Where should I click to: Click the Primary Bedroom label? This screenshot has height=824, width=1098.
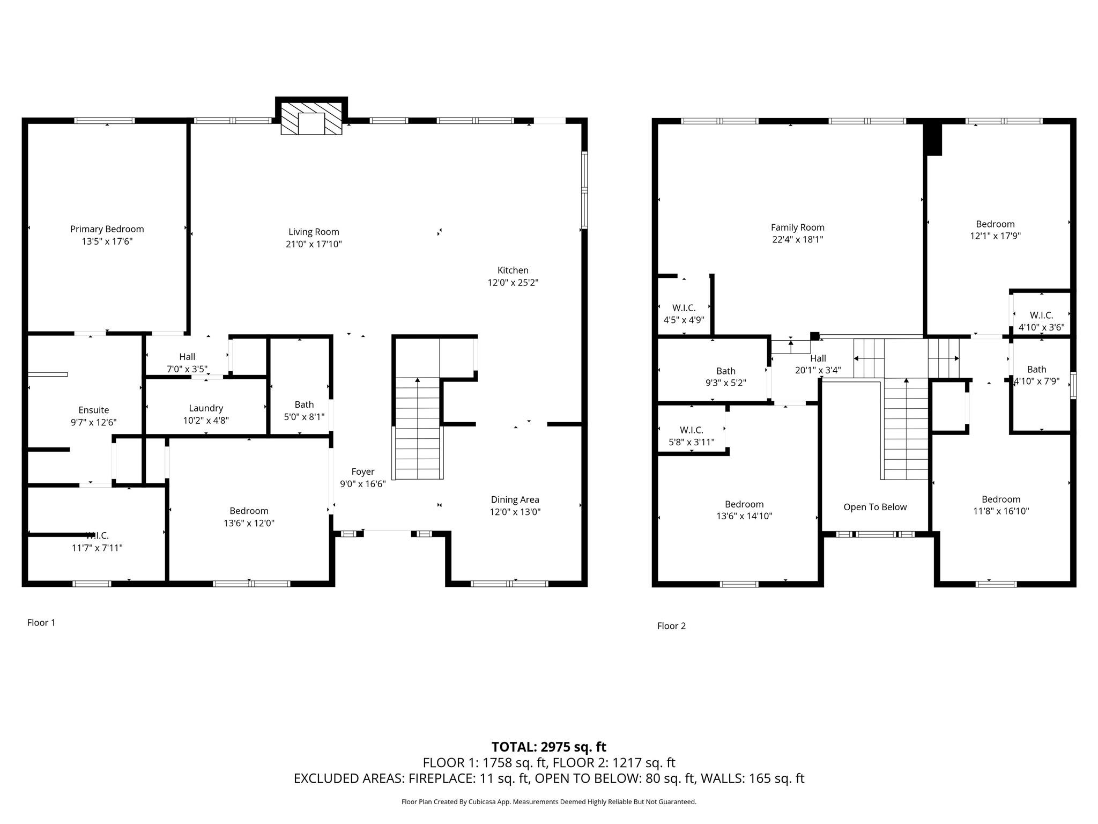click(x=107, y=229)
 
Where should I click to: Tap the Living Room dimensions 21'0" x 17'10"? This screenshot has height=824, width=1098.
click(x=314, y=244)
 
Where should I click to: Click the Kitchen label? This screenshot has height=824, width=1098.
click(x=513, y=270)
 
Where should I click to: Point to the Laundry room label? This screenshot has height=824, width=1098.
click(x=206, y=408)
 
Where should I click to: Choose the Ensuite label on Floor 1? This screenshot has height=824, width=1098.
click(x=94, y=410)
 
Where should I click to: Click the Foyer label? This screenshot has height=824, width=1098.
click(x=362, y=472)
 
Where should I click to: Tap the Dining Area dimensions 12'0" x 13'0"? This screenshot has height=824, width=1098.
click(x=515, y=512)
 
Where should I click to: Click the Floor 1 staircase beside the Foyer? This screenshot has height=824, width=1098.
click(x=418, y=429)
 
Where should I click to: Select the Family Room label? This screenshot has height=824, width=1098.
click(x=797, y=227)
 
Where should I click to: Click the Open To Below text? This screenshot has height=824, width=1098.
click(x=875, y=507)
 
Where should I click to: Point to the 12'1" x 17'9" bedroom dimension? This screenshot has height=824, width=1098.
click(x=995, y=236)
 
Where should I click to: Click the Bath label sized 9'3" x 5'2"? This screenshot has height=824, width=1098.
click(x=725, y=371)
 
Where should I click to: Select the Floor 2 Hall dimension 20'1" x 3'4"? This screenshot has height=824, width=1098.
click(x=818, y=370)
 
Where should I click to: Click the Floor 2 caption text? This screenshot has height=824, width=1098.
click(x=671, y=626)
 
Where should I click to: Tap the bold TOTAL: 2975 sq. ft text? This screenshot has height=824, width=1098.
click(x=548, y=747)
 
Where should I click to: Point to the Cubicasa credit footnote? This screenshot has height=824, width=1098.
click(x=548, y=802)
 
